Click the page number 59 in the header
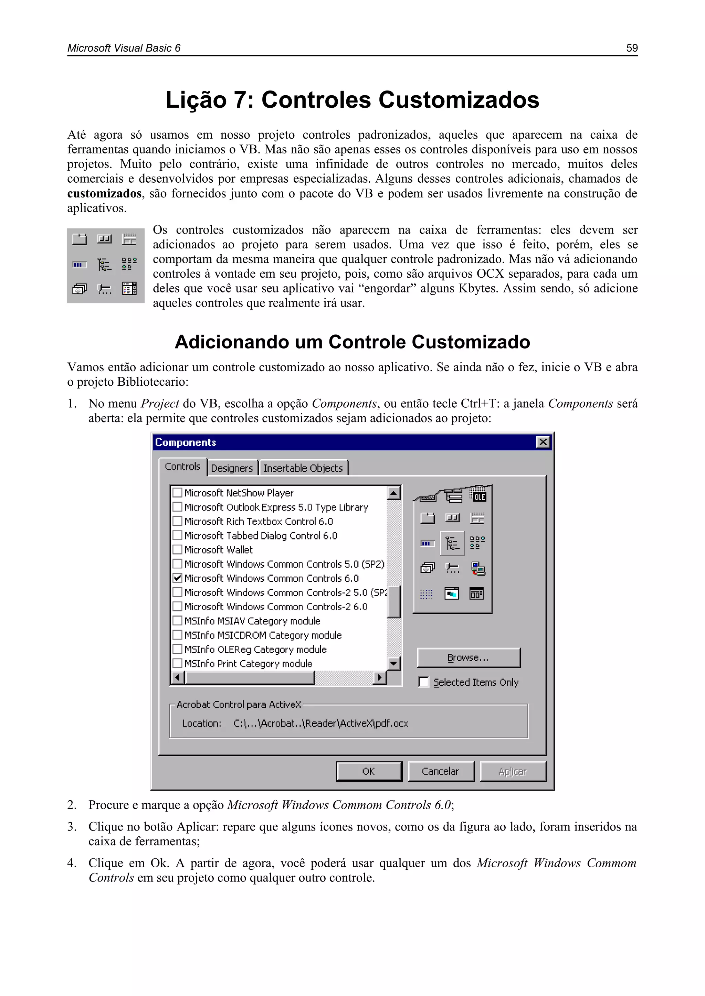tap(632, 48)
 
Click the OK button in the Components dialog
tap(369, 771)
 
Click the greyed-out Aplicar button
tap(513, 771)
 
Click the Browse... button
tap(469, 658)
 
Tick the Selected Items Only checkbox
tap(424, 682)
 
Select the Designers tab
tap(232, 468)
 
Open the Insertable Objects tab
tap(303, 468)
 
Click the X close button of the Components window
tap(543, 442)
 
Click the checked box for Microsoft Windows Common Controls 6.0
tap(177, 578)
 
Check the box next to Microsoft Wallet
tap(177, 550)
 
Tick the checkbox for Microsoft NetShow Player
tap(177, 493)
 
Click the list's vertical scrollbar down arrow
tap(394, 663)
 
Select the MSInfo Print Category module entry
tap(248, 664)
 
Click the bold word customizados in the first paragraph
tap(104, 193)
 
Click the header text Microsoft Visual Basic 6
tap(124, 48)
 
